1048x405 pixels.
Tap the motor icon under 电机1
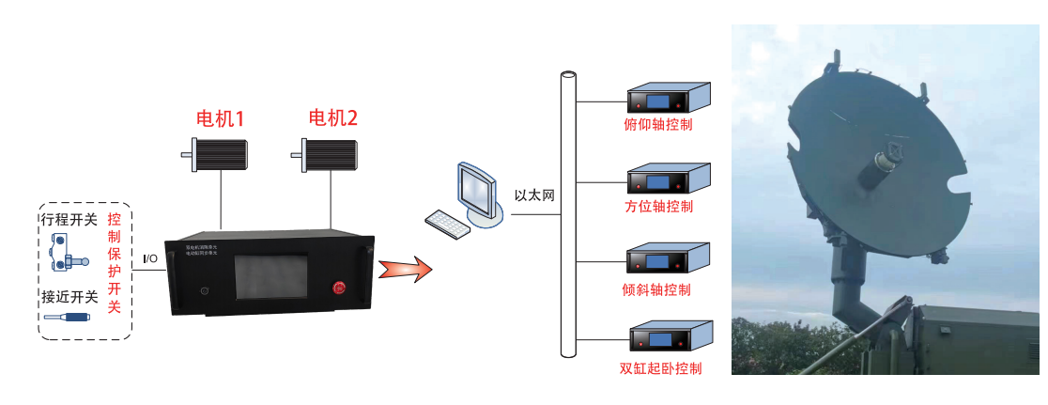click(218, 153)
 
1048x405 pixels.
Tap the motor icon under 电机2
click(330, 153)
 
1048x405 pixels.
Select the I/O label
click(149, 258)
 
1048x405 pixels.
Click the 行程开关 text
click(69, 219)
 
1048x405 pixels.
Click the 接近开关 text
click(69, 297)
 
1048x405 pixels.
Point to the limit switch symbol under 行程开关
click(69, 251)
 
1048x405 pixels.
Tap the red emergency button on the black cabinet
click(338, 288)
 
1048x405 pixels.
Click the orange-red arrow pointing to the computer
click(405, 270)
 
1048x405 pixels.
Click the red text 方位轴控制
click(658, 207)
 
